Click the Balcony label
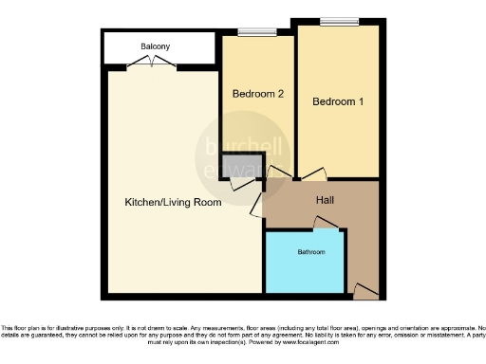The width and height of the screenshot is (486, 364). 157,46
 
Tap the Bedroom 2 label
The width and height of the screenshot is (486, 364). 258,93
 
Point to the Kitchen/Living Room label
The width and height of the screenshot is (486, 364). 174,202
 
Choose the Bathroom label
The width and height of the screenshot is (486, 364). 311,253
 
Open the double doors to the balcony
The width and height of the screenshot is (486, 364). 151,64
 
